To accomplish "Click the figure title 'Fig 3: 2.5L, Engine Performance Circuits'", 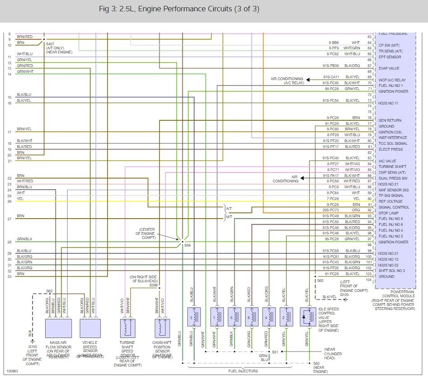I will tap(179, 9).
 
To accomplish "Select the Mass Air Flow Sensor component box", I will tap(58, 328).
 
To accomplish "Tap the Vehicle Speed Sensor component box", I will tap(90, 328).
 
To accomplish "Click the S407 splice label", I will tap(51, 44).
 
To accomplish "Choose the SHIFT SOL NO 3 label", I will tap(391, 271).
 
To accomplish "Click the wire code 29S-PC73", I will tap(331, 210).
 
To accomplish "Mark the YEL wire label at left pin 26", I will tap(20, 198).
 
